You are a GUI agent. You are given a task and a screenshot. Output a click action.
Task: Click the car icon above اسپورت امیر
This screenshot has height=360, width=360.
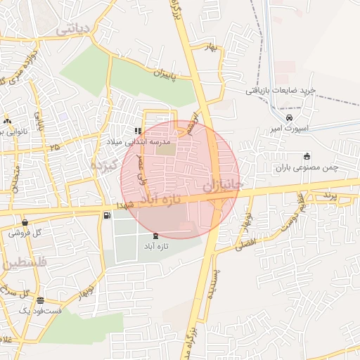click(290, 117)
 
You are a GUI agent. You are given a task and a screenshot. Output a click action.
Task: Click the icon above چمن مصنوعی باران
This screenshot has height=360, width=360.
click(306, 156)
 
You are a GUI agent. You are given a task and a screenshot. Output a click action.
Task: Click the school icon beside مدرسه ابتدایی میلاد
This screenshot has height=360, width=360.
click(138, 130)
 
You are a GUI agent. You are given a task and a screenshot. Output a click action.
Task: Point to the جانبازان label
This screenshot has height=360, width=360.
click(222, 185)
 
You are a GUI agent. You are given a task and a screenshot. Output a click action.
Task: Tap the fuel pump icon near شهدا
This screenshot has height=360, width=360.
click(106, 215)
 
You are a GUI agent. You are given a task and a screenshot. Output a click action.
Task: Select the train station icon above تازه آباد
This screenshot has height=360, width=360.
click(155, 236)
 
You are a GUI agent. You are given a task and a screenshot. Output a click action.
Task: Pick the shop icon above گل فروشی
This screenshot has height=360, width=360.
click(25, 222)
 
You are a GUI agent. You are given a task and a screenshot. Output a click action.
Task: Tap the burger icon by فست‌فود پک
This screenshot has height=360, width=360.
click(40, 300)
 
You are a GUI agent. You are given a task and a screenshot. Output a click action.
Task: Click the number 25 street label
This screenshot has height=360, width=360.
click(56, 146)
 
